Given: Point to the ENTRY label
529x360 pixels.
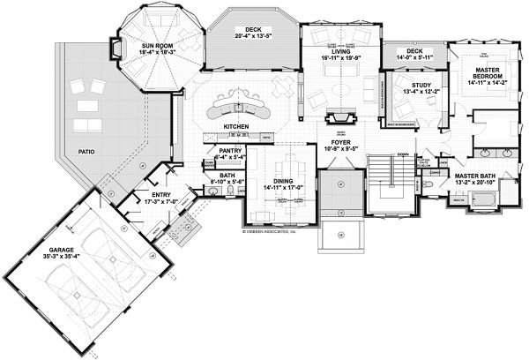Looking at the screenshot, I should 160,195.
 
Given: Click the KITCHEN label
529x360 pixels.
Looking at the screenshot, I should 237,128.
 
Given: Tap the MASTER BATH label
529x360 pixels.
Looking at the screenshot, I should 473,176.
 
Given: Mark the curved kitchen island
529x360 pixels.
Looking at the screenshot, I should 236,111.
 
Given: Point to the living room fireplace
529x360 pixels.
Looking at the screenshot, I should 339,117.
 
